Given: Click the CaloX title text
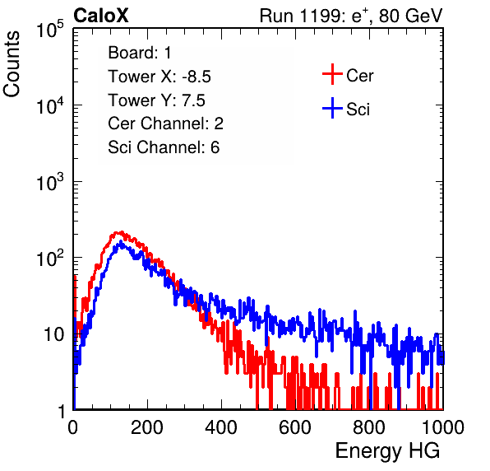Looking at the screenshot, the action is coord(101,16).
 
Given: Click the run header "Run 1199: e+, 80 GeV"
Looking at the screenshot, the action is coord(351,16).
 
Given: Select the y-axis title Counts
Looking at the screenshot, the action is coord(12,64).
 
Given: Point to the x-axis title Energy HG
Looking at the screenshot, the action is coord(387,450).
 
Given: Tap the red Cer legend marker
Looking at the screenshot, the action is coord(332,74).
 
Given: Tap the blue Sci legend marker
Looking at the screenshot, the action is coord(332,108).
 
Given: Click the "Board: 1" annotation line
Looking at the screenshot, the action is coord(140,53).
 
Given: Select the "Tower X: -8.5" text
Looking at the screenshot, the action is coord(159,77).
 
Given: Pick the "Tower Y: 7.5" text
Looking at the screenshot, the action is coord(156,100).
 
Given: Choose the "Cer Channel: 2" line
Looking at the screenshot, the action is coord(165,124).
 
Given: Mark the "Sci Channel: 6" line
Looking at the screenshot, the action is coord(164,147).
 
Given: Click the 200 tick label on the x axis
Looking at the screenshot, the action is coord(147,427).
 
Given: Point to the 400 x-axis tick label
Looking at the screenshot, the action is coord(221,427).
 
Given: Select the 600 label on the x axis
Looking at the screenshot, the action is coord(295,427).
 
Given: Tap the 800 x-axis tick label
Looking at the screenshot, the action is coord(369,427).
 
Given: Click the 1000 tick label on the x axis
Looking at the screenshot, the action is coord(443,427).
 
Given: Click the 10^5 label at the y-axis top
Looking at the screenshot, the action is coord(50,30).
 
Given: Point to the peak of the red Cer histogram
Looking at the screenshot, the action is coord(121,232).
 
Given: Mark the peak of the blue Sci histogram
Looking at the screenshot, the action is coord(121,242).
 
